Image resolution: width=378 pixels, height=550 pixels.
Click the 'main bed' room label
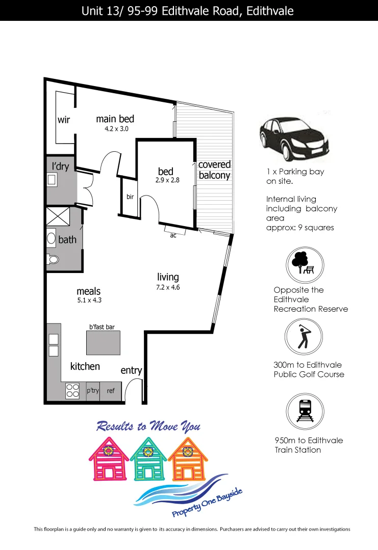tap(115, 119)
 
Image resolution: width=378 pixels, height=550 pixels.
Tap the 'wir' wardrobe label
tap(63, 120)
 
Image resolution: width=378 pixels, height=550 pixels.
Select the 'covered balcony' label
tap(214, 170)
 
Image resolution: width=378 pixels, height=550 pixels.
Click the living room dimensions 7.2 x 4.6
tap(168, 287)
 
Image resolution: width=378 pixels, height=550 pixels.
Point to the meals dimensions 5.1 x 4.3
tap(88, 300)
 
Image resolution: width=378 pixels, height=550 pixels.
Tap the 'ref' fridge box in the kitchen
tap(111, 391)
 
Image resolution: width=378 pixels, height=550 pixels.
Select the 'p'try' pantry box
tap(93, 391)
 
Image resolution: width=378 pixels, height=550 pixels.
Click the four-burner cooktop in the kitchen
tap(72, 391)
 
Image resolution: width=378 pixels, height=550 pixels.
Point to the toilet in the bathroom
tap(53, 259)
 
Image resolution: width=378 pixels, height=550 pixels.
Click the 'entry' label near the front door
tap(131, 370)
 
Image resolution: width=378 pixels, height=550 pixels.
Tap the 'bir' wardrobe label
tap(130, 197)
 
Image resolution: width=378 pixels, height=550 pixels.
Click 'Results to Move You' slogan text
tap(148, 426)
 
